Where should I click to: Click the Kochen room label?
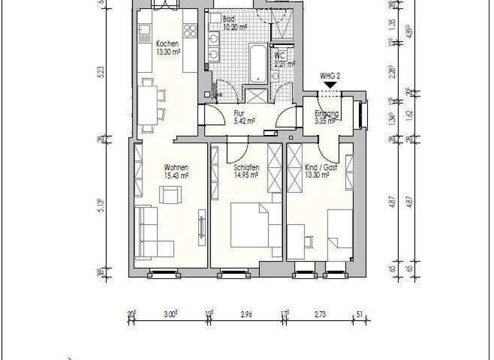tap(167, 44)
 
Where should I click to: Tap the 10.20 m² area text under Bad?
tap(235, 28)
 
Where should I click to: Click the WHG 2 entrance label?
tap(330, 75)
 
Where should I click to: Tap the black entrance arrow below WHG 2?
tap(330, 85)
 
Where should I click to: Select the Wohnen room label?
tap(176, 167)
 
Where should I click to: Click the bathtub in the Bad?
tap(258, 63)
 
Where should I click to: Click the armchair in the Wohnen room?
tap(171, 194)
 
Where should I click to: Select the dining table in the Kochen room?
tap(147, 105)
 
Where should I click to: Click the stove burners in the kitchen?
tap(190, 30)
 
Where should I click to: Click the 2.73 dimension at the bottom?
tap(321, 314)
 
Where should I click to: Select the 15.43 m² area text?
tap(176, 175)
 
